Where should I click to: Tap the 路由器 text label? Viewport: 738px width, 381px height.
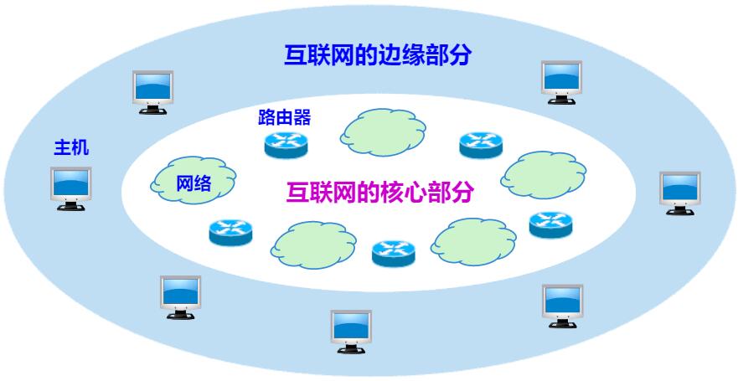tap(285, 117)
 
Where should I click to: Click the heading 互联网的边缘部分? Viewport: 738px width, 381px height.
tap(377, 56)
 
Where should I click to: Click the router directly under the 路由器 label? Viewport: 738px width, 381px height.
tap(286, 145)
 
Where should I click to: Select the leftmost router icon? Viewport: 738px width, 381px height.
tap(230, 230)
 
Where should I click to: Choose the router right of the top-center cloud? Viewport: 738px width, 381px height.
tap(481, 146)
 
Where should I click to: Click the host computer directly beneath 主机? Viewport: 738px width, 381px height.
tap(70, 188)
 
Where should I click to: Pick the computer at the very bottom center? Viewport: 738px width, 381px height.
tap(351, 332)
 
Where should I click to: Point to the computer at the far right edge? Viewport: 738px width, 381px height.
tap(679, 193)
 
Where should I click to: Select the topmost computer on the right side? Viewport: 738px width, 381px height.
tap(561, 80)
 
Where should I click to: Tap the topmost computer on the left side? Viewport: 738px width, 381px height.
tap(154, 90)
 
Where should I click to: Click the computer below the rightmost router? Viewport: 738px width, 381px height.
tap(562, 305)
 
